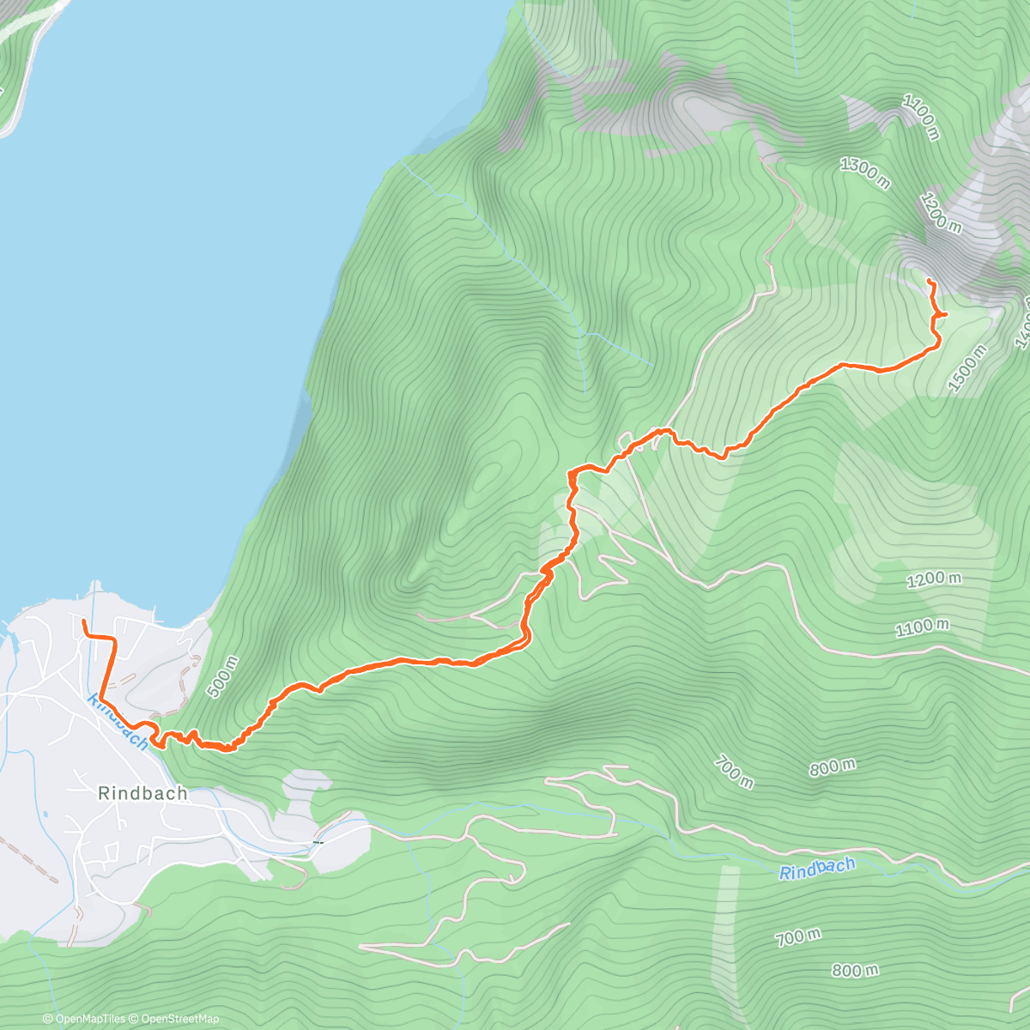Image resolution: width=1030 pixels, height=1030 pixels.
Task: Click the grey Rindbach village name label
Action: pyautogui.click(x=142, y=793)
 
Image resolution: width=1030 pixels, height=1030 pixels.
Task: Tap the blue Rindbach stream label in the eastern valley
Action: pyautogui.click(x=817, y=869)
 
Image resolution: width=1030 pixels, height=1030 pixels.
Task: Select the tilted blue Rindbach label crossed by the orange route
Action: pyautogui.click(x=118, y=723)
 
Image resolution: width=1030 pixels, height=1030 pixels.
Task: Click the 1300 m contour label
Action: pyautogui.click(x=864, y=173)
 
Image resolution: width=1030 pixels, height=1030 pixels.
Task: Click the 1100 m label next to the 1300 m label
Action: pyautogui.click(x=920, y=118)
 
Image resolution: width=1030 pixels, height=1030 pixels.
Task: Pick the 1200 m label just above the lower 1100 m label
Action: pyautogui.click(x=934, y=579)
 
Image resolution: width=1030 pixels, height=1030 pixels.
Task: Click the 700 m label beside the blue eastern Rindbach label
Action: pyautogui.click(x=797, y=937)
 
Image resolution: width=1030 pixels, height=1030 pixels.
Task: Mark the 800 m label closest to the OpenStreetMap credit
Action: pyautogui.click(x=855, y=971)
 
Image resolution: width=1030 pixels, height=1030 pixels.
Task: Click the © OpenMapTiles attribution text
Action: pyautogui.click(x=83, y=1019)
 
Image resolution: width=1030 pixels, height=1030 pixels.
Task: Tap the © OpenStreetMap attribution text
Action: pyautogui.click(x=174, y=1019)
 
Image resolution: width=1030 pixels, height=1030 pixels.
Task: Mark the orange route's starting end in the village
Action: pyautogui.click(x=83, y=621)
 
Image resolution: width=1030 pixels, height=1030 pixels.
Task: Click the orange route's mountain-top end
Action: pyautogui.click(x=930, y=281)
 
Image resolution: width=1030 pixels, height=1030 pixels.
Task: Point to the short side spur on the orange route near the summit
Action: pyautogui.click(x=942, y=315)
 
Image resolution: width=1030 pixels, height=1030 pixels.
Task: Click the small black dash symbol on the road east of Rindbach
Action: pyautogui.click(x=317, y=842)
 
